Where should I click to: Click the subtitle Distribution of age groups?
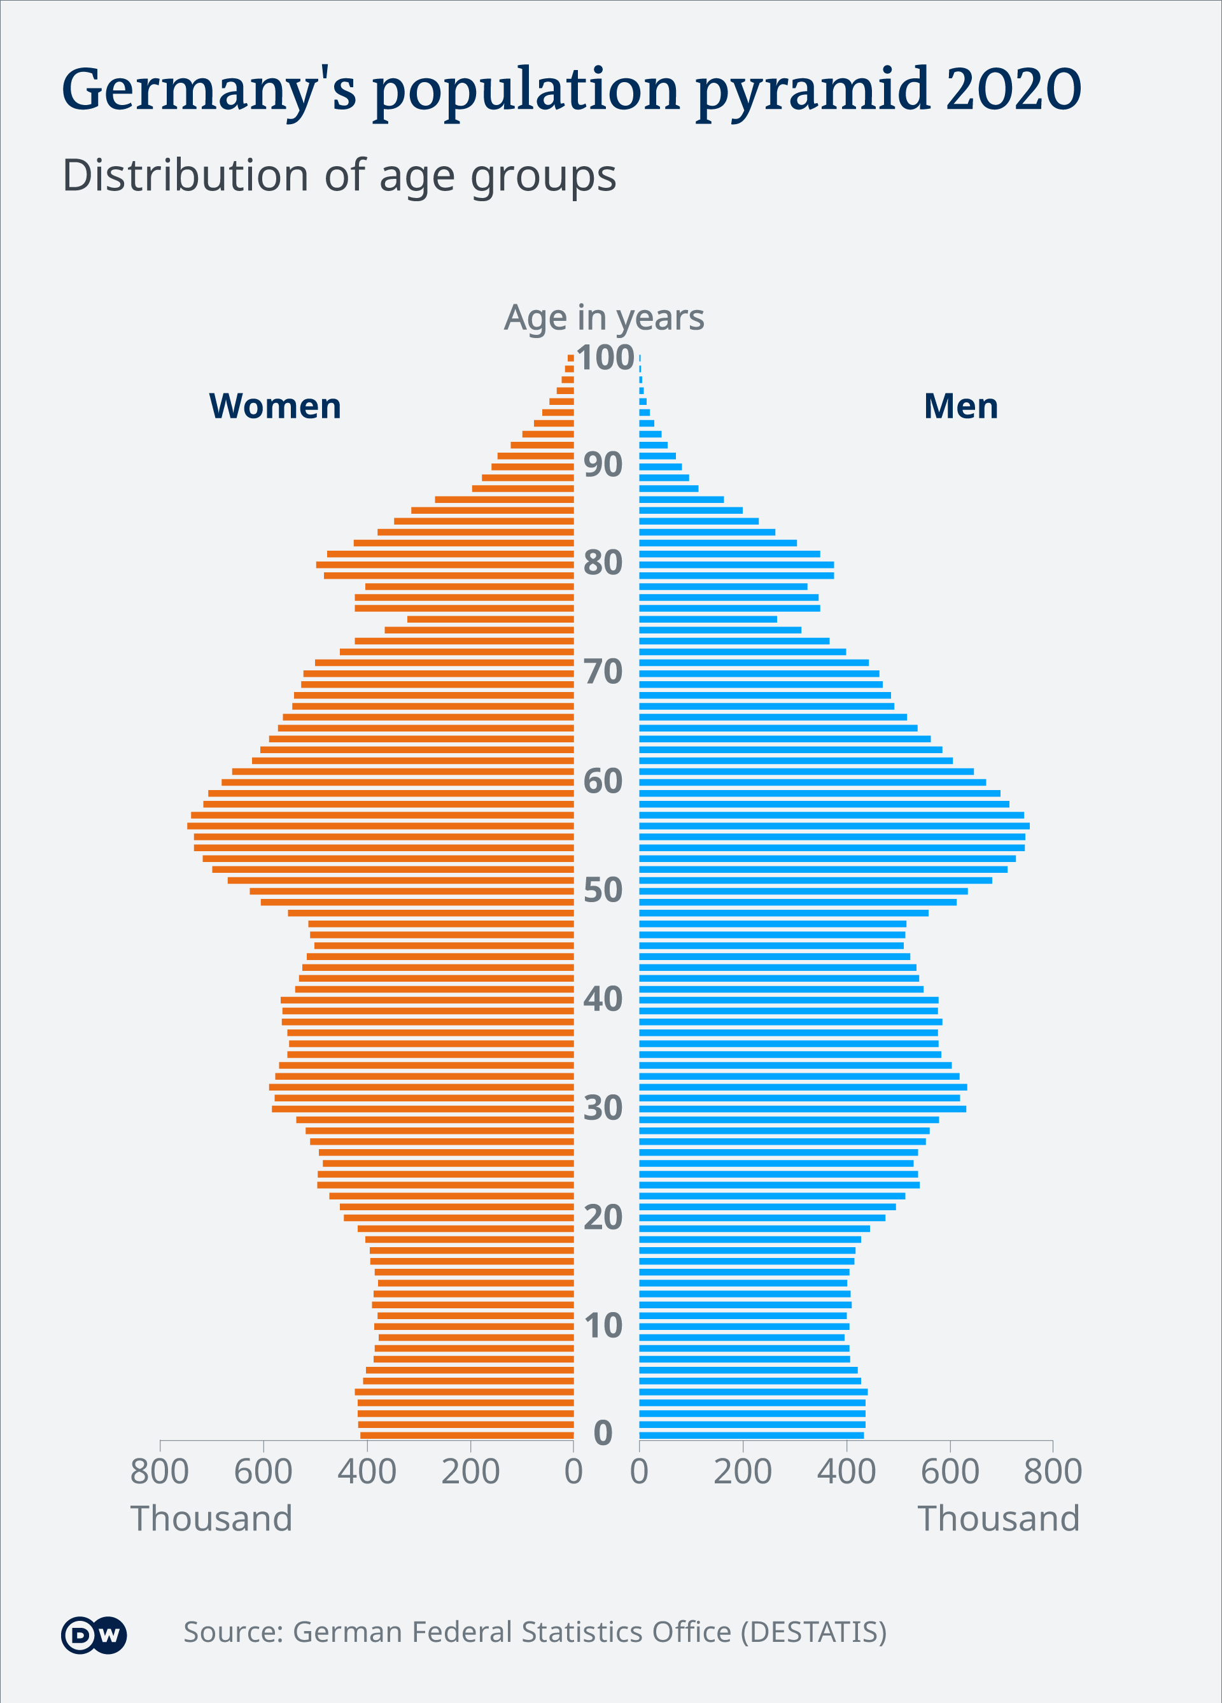(339, 176)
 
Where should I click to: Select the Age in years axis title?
(603, 318)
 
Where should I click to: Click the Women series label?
(275, 406)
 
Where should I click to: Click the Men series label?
(961, 406)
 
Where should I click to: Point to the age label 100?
(605, 358)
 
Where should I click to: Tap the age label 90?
(603, 465)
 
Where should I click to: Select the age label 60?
(603, 782)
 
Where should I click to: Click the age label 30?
(603, 1108)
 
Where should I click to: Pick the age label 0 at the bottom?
(603, 1432)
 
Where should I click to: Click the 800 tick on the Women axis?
(159, 1472)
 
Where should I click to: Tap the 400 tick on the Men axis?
(846, 1472)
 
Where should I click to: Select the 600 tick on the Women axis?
(263, 1472)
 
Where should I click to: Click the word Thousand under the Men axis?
(999, 1518)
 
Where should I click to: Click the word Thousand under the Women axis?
(211, 1518)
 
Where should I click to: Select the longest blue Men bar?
(833, 826)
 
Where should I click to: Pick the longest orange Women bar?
(381, 826)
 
